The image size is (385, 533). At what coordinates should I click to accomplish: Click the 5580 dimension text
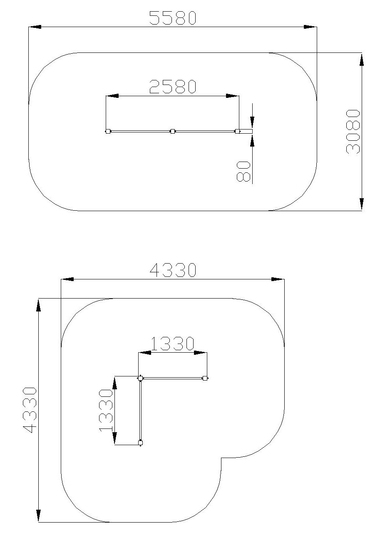pyautogui.click(x=173, y=18)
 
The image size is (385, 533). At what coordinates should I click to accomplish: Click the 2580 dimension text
pyautogui.click(x=173, y=86)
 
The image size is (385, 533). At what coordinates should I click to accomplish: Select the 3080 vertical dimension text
pyautogui.click(x=353, y=132)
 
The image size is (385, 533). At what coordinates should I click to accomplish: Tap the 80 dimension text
pyautogui.click(x=243, y=171)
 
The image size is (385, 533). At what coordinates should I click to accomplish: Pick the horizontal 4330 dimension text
pyautogui.click(x=173, y=270)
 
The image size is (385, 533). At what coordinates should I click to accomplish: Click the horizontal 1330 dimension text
pyautogui.click(x=173, y=344)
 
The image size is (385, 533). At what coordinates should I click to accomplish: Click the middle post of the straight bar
pyautogui.click(x=173, y=131)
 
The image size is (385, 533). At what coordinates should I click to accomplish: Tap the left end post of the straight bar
pyautogui.click(x=108, y=131)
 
